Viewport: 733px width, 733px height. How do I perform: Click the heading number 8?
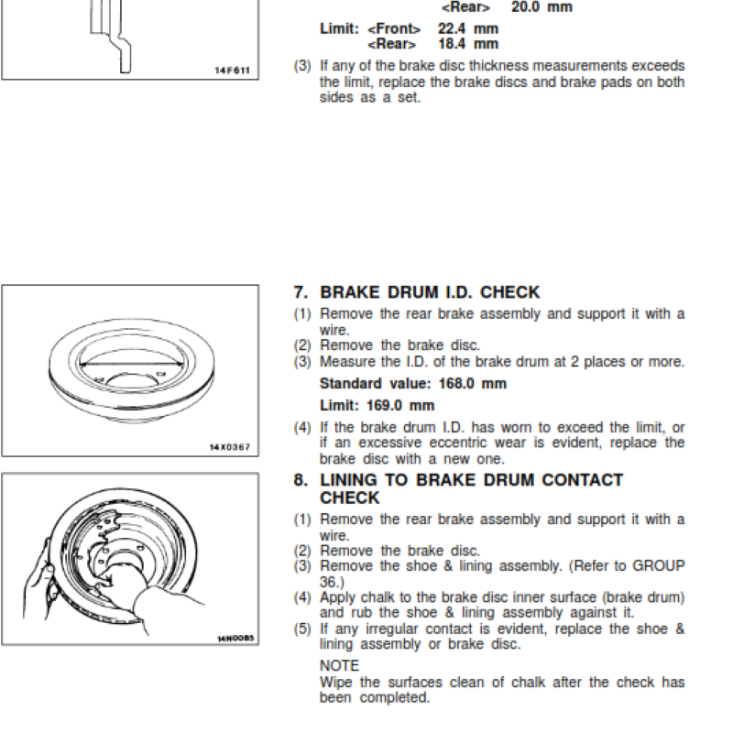pyautogui.click(x=301, y=479)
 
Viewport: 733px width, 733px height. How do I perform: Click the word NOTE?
pyautogui.click(x=340, y=666)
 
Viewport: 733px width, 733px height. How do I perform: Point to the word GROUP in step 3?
pyautogui.click(x=659, y=565)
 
